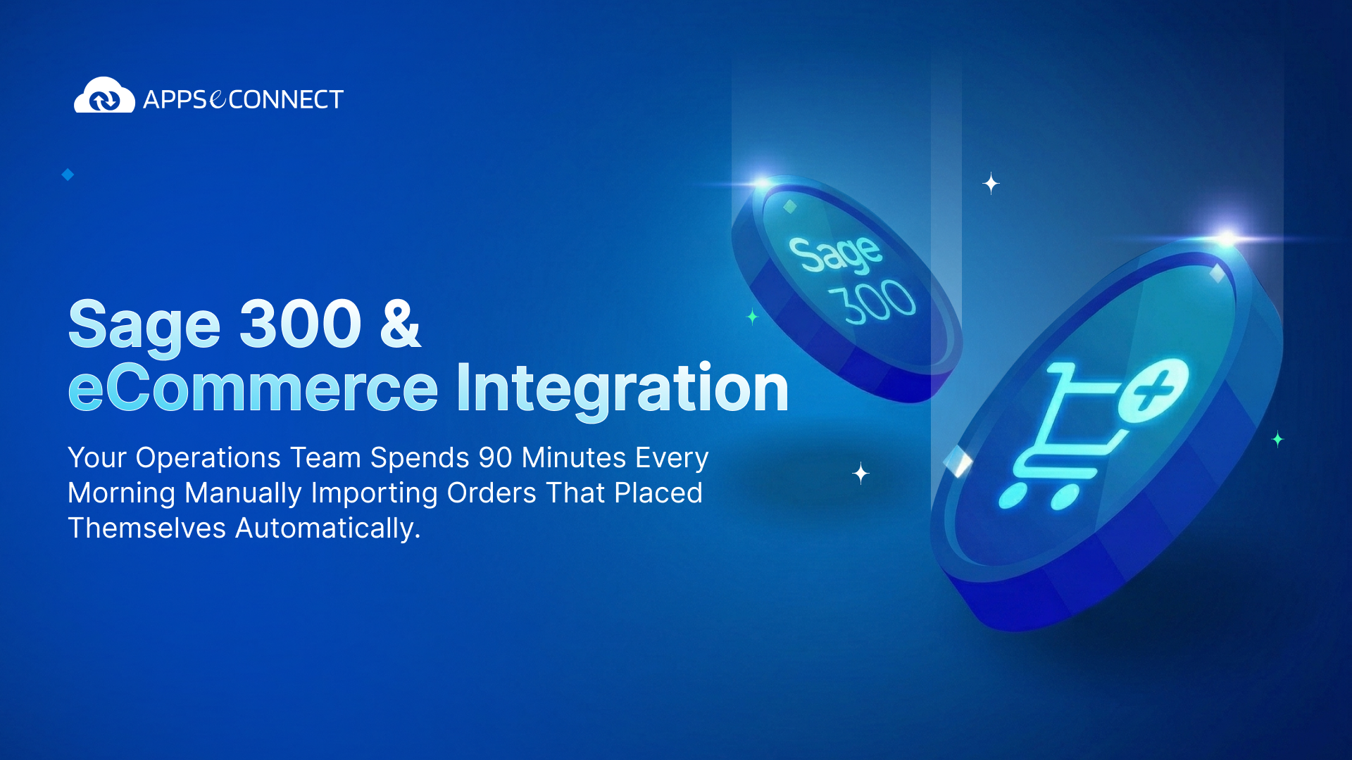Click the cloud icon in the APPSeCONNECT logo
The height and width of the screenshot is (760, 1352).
104,96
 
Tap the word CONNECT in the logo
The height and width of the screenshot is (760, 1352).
286,100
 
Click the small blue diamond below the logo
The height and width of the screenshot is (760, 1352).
68,175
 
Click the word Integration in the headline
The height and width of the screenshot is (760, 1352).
622,388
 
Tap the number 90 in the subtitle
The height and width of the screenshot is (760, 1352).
495,458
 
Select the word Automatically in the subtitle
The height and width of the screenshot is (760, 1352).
327,528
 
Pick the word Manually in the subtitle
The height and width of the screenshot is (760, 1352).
243,493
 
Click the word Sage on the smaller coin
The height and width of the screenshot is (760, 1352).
835,253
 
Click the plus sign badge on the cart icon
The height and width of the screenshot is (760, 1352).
1153,391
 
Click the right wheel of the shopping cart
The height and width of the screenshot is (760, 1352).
1064,497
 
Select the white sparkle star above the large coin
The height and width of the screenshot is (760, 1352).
991,184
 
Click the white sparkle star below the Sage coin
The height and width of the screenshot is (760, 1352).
860,473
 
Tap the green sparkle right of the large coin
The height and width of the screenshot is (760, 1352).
1277,439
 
